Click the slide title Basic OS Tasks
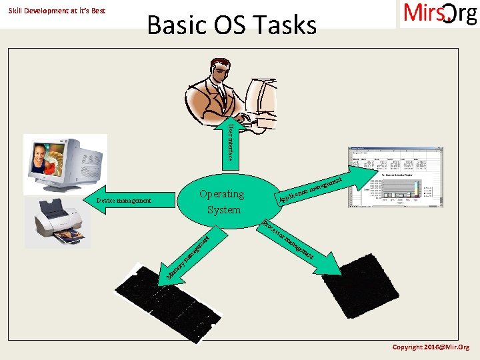(231, 25)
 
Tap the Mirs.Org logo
(439, 14)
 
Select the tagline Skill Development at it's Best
(57, 11)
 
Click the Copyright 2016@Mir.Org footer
(431, 347)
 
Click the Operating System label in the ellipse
(221, 201)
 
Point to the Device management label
(123, 200)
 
